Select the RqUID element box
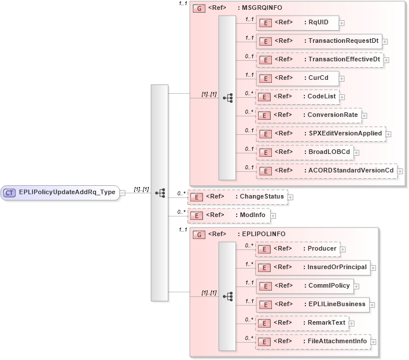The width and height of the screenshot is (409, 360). pyautogui.click(x=297, y=23)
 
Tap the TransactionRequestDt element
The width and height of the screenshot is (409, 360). pyautogui.click(x=319, y=41)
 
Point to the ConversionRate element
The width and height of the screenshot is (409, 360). pyautogui.click(x=308, y=115)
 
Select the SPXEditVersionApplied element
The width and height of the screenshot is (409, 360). pyautogui.click(x=320, y=134)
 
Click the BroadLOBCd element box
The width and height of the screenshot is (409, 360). pyautogui.click(x=305, y=152)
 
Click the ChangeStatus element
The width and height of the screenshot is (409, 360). pyautogui.click(x=237, y=197)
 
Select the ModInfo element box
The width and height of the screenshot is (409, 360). pyautogui.click(x=229, y=215)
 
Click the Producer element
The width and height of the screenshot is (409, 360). pyautogui.click(x=297, y=249)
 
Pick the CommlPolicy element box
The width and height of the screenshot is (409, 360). pyautogui.click(x=304, y=286)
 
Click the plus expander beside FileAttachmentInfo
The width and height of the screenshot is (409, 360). pyautogui.click(x=373, y=341)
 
